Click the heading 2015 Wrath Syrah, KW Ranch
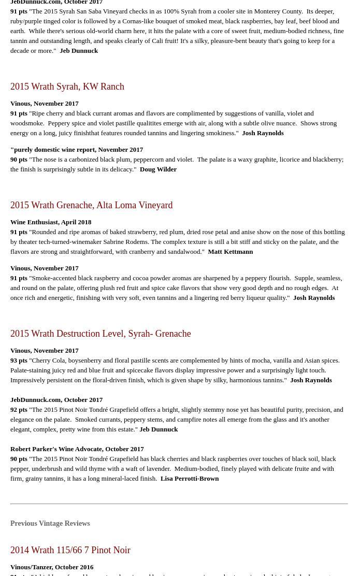(x=67, y=87)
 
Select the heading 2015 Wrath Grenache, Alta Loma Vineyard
(x=91, y=205)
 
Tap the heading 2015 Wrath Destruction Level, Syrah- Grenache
(x=100, y=334)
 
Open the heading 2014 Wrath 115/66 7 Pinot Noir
(x=70, y=550)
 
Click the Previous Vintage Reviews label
(x=50, y=524)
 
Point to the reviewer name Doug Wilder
(x=158, y=169)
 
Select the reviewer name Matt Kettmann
(x=230, y=252)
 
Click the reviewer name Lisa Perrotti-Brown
(x=190, y=479)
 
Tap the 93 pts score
(x=19, y=361)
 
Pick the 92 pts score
(x=19, y=410)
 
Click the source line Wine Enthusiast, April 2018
(x=51, y=222)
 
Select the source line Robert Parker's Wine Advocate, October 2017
(x=77, y=449)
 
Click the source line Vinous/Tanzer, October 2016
(x=52, y=567)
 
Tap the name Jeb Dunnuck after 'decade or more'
(x=79, y=51)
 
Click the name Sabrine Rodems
(x=125, y=242)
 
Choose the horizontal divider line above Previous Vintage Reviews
(x=179, y=503)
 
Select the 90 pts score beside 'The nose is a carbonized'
(x=19, y=160)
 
